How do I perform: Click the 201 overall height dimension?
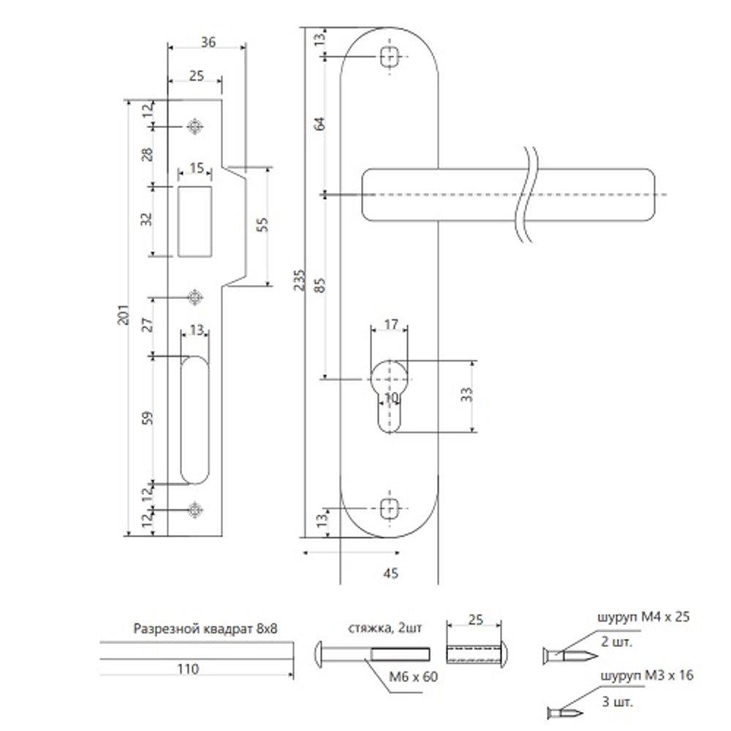[x=123, y=314]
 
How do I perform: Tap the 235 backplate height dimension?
[x=299, y=280]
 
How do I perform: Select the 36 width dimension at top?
[x=208, y=42]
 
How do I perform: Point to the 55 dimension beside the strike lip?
[x=262, y=224]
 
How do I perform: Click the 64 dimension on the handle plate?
[x=319, y=124]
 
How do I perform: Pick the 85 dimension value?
[x=319, y=285]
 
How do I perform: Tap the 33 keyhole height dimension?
[x=466, y=395]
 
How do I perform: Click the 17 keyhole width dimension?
[x=390, y=324]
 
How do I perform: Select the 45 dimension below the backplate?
[x=390, y=573]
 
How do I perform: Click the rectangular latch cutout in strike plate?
[x=194, y=221]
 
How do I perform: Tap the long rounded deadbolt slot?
[x=194, y=420]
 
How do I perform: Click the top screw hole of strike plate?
[x=195, y=126]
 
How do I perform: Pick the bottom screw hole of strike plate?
[x=195, y=510]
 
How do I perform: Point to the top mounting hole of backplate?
[x=390, y=57]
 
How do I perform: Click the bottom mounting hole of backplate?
[x=390, y=509]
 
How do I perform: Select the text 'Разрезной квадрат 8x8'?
[x=205, y=629]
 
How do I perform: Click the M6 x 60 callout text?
[x=414, y=676]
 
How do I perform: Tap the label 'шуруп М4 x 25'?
[x=643, y=617]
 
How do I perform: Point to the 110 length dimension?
[x=188, y=669]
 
